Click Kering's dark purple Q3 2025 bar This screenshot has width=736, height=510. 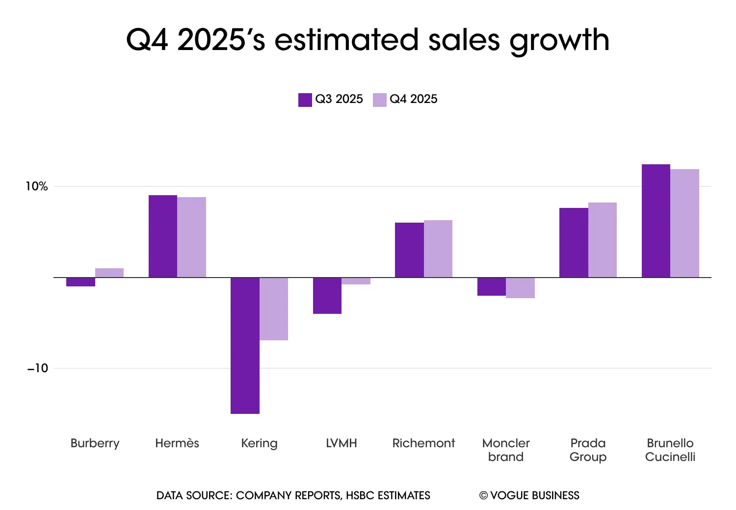point(245,345)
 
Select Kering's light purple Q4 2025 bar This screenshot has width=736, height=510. point(274,309)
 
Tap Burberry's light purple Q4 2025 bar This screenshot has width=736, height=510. point(109,273)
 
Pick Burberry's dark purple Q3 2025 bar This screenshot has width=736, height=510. point(80,282)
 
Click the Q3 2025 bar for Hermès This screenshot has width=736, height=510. point(163,236)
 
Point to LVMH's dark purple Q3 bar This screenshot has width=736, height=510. point(327,296)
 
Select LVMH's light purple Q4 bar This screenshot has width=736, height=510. point(356,281)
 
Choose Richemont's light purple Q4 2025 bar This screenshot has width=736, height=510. point(438,249)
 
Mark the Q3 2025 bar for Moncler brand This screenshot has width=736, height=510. point(492,287)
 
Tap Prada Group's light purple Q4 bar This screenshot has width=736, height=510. point(603,240)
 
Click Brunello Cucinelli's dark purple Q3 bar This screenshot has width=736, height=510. point(656,221)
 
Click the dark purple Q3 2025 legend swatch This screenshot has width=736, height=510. point(305,100)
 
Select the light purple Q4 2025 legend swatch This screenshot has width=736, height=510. point(380,100)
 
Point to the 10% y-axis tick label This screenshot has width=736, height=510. point(37,186)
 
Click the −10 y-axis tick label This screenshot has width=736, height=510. point(38,368)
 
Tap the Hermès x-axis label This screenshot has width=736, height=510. point(177,443)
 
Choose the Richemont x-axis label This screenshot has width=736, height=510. point(423,443)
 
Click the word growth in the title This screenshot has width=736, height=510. point(559,40)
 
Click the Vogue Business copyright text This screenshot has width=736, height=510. point(529,495)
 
